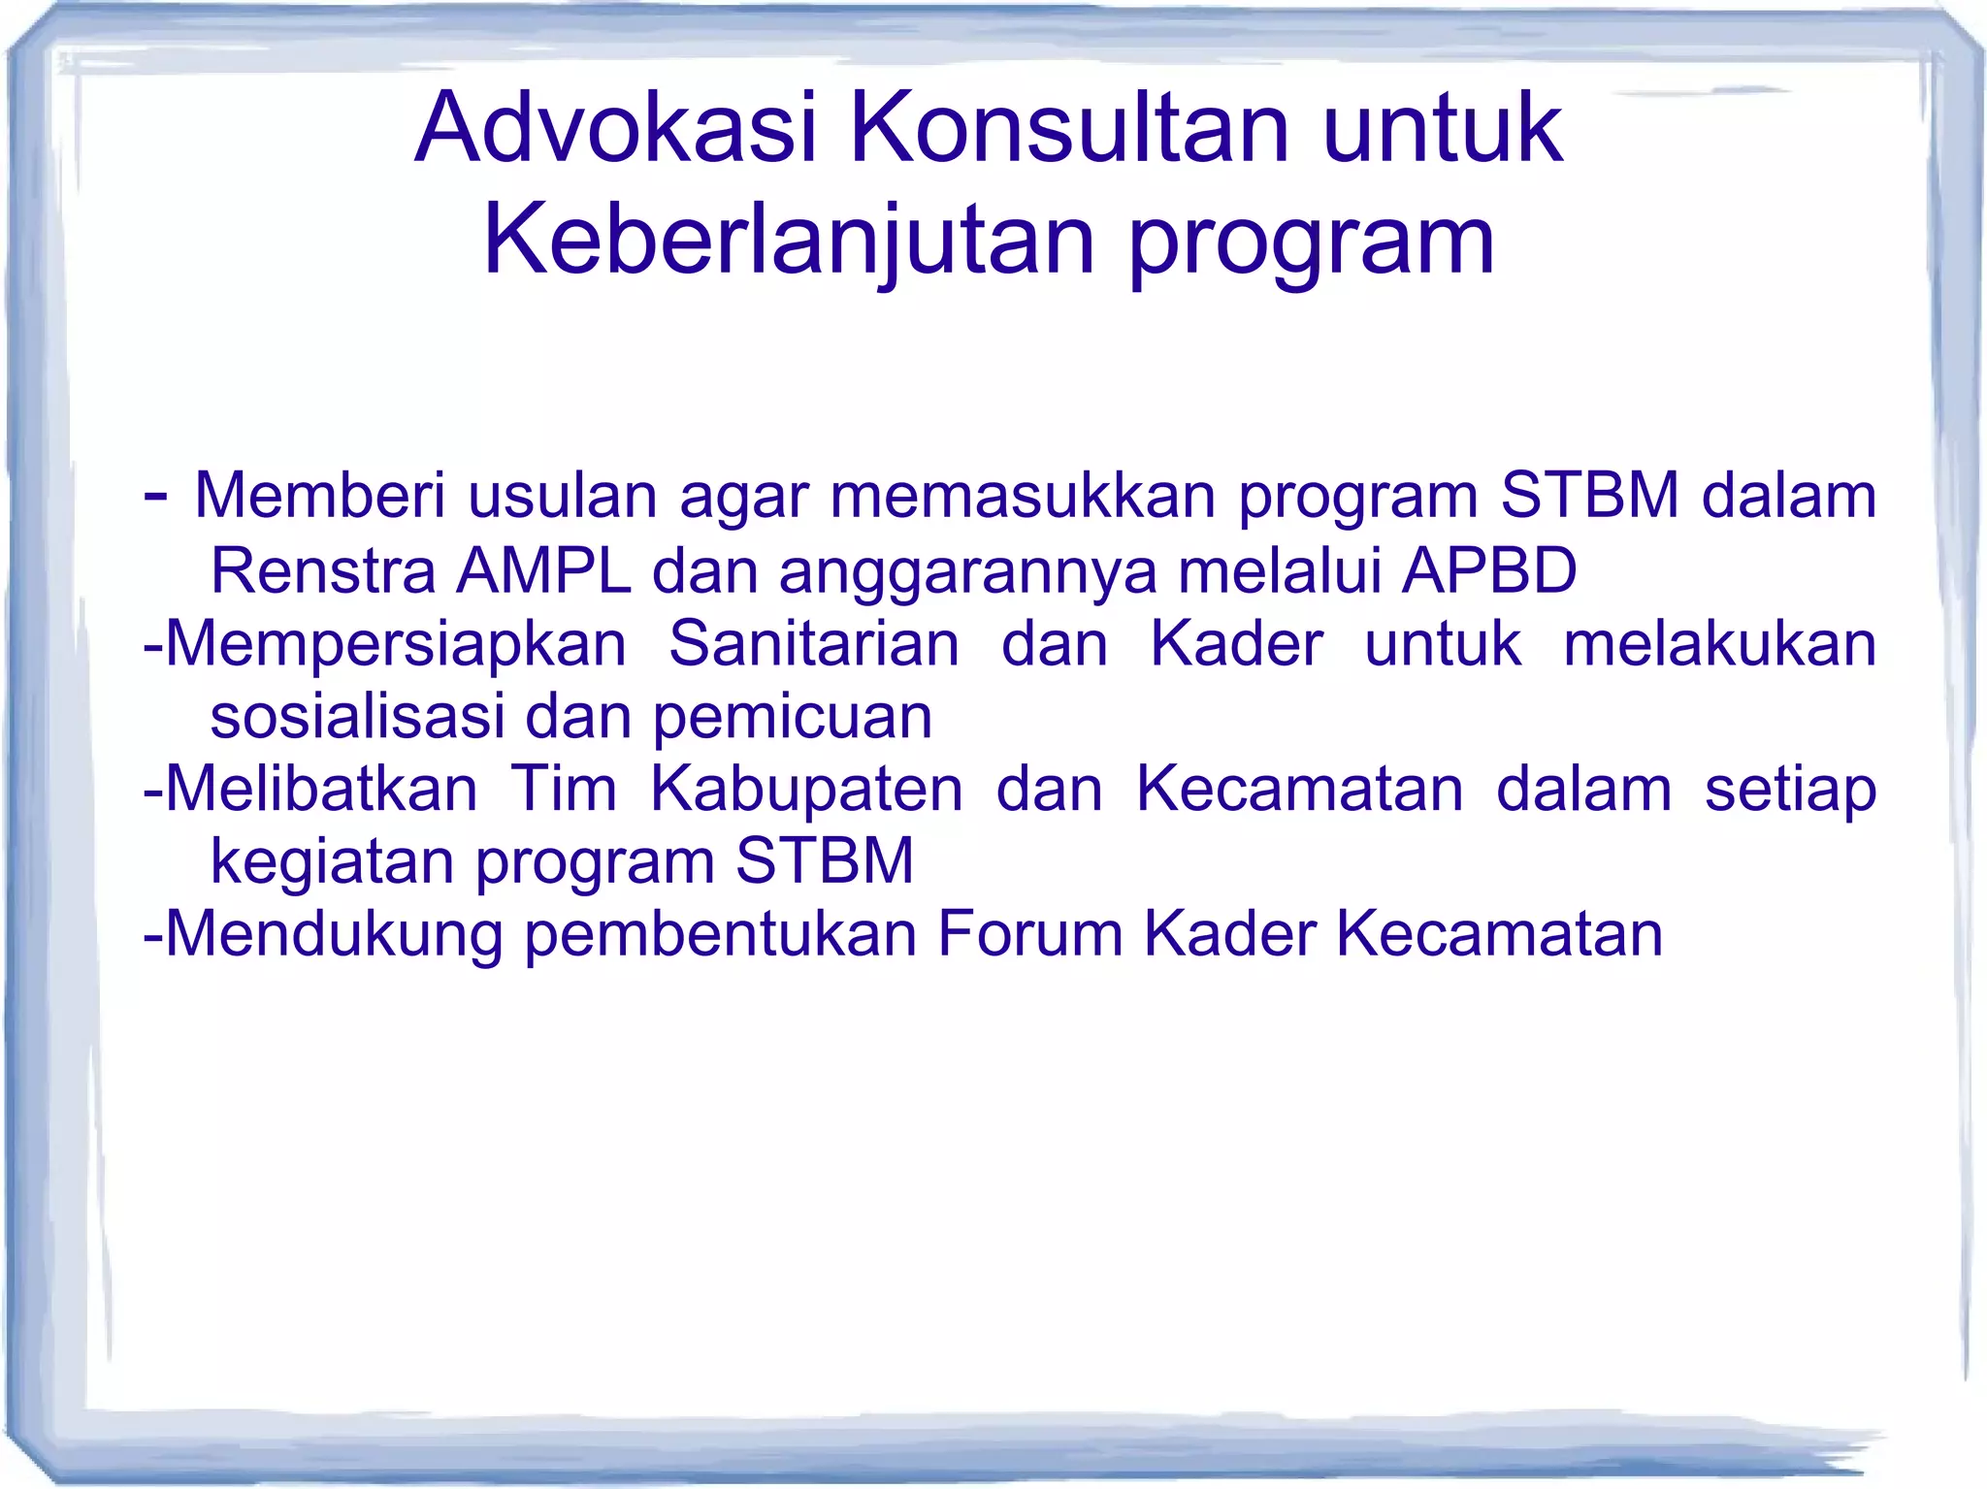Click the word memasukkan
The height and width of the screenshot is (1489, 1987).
(x=1022, y=496)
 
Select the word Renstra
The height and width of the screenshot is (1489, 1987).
(x=323, y=570)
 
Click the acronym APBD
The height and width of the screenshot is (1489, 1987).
(x=1489, y=570)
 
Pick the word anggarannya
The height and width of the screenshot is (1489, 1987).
(x=967, y=572)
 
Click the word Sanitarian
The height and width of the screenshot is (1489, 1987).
(x=814, y=643)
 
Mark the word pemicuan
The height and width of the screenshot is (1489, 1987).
(x=792, y=718)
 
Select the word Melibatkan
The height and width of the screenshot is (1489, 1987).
(x=321, y=789)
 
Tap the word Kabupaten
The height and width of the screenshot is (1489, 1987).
(x=806, y=791)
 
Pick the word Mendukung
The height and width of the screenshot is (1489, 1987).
(x=334, y=935)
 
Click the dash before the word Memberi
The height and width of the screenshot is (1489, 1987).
(x=154, y=496)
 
